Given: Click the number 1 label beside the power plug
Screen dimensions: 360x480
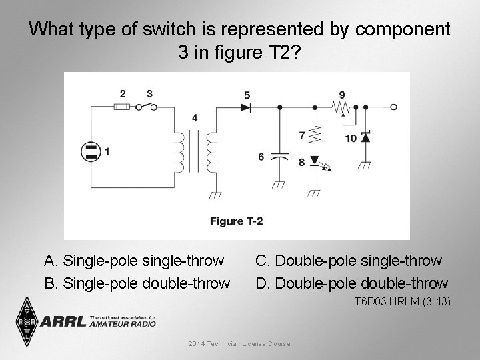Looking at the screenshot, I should pyautogui.click(x=108, y=152).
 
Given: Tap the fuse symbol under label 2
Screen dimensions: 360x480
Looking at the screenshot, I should pyautogui.click(x=121, y=107).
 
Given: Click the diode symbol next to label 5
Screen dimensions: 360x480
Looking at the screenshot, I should pyautogui.click(x=246, y=107).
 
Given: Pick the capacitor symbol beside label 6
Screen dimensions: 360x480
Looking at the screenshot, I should pyautogui.click(x=281, y=157).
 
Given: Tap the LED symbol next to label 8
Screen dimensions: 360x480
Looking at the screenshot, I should pyautogui.click(x=315, y=161).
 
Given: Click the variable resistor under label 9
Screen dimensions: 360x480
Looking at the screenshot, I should pyautogui.click(x=341, y=107).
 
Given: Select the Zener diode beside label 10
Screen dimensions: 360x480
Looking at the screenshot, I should pyautogui.click(x=365, y=137).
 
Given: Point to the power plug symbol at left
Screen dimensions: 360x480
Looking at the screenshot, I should pyautogui.click(x=89, y=151).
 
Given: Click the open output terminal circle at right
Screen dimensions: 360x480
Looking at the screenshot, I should pyautogui.click(x=394, y=107).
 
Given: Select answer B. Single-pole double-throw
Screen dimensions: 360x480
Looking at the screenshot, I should pyautogui.click(x=137, y=283).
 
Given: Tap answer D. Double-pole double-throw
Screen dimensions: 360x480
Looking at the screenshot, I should pyautogui.click(x=352, y=283).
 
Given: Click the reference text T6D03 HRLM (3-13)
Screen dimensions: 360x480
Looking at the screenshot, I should pyautogui.click(x=402, y=302).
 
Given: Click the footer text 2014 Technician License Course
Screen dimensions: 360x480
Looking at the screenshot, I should pyautogui.click(x=239, y=343).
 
